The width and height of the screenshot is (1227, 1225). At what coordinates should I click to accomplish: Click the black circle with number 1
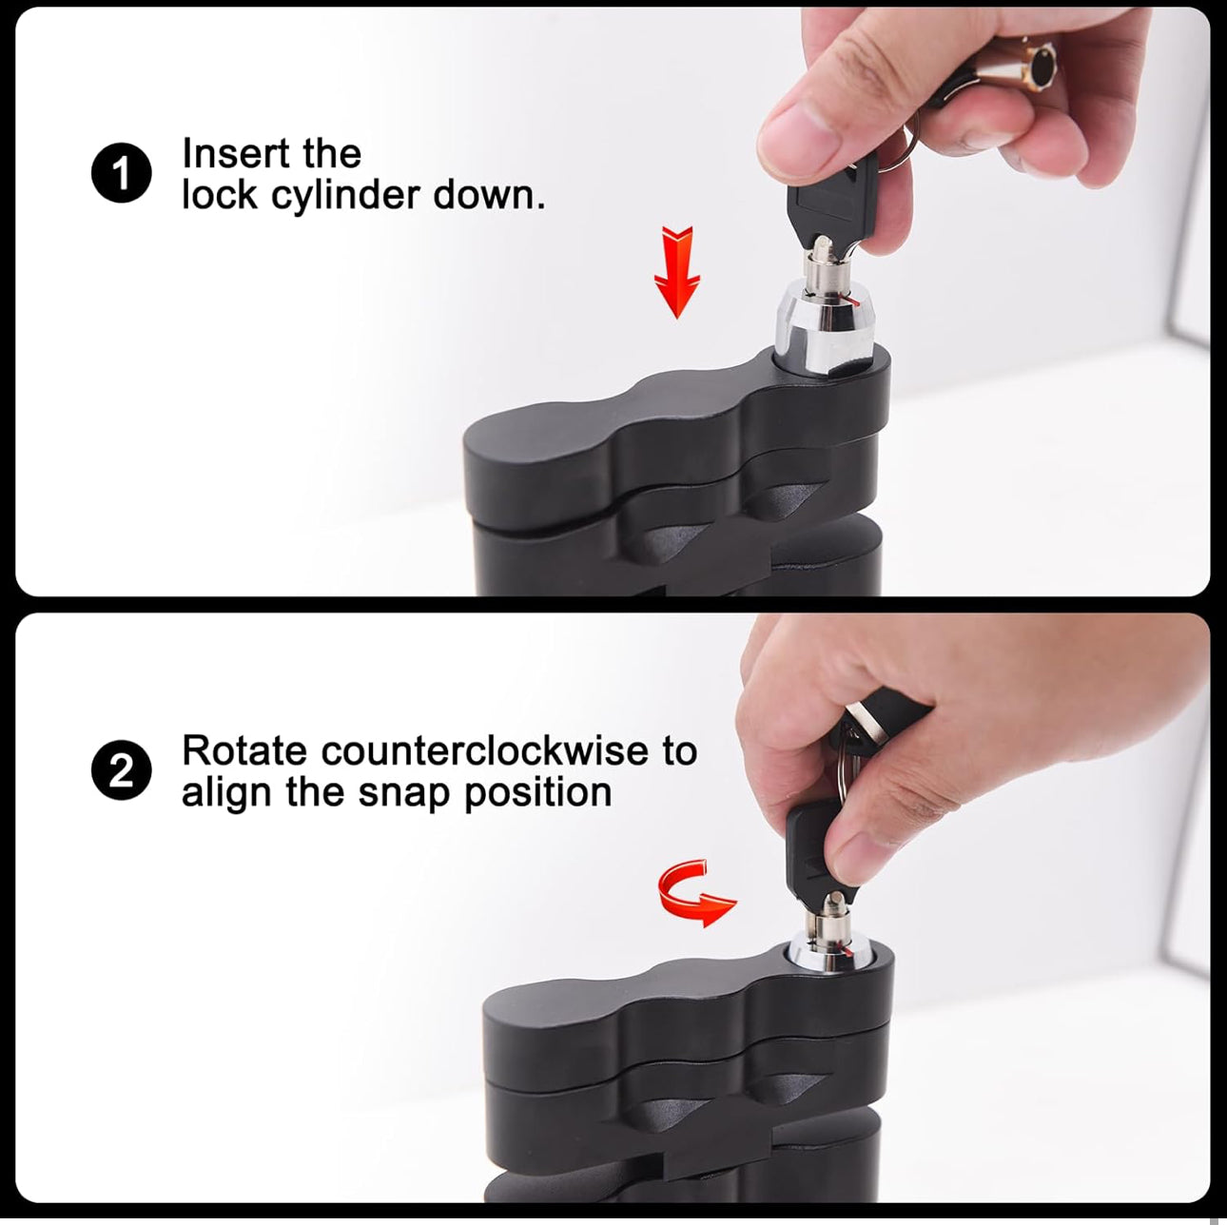click(123, 174)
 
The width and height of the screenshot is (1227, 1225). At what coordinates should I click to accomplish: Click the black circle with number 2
click(123, 772)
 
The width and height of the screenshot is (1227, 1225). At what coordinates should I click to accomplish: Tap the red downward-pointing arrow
click(677, 272)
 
